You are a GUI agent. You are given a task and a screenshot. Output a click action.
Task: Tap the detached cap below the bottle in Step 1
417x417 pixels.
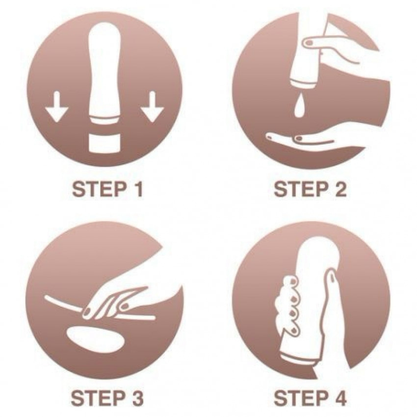(104, 144)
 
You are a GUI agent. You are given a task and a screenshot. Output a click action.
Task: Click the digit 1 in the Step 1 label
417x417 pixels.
(138, 189)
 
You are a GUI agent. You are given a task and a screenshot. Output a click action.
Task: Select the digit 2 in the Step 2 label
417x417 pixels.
(339, 189)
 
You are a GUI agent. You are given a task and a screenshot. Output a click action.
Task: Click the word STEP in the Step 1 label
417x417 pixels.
(99, 189)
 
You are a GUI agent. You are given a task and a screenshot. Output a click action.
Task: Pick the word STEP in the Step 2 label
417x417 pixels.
(301, 189)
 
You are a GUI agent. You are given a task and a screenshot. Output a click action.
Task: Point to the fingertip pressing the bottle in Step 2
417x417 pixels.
(309, 42)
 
